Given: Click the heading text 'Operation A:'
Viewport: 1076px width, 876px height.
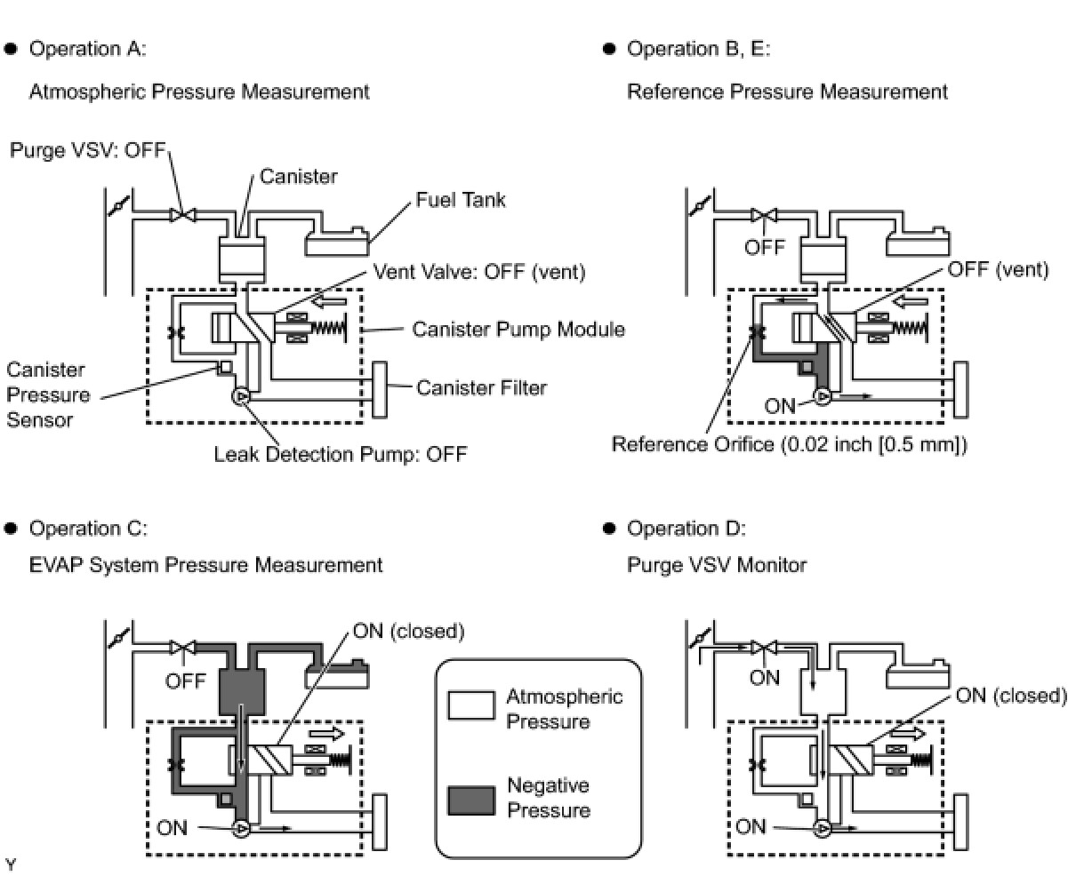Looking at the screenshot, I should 87,49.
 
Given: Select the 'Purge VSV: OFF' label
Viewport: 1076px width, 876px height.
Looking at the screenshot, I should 88,150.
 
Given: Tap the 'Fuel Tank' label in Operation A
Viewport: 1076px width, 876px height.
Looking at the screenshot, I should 460,199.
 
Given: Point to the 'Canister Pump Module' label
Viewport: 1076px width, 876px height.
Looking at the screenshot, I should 518,330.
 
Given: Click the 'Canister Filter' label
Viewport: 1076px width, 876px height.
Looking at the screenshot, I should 481,387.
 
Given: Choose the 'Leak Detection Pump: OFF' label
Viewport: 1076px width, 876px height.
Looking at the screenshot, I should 340,455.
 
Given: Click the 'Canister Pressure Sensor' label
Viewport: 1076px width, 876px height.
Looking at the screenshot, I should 48,394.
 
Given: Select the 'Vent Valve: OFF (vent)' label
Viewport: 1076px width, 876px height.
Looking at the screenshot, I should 479,272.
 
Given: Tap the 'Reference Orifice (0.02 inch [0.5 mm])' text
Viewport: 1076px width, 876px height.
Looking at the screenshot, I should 788,444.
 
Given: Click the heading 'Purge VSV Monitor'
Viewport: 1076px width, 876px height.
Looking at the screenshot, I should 717,565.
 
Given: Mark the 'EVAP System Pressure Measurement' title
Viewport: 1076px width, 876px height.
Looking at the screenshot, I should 205,565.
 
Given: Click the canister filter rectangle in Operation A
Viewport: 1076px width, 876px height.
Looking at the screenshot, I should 380,389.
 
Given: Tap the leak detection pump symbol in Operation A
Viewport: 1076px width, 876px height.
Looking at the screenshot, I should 240,397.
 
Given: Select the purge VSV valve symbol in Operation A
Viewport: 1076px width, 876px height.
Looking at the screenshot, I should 182,215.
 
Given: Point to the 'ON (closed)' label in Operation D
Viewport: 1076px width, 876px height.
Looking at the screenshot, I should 1010,696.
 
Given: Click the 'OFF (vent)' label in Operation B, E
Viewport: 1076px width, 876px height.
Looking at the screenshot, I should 998,269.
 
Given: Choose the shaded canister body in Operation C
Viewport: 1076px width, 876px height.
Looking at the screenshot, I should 242,690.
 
